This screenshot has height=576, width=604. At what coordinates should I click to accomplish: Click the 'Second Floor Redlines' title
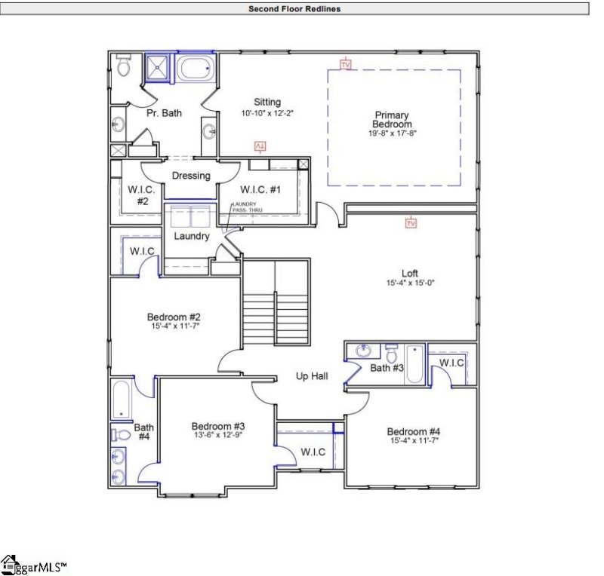point(294,9)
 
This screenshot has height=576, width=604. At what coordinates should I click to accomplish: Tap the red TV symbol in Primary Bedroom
point(346,64)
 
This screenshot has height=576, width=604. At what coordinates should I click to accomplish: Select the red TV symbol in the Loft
point(411,223)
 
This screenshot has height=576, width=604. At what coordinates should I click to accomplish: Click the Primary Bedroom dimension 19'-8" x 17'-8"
point(393,133)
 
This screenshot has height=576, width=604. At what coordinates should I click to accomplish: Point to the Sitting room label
point(267,102)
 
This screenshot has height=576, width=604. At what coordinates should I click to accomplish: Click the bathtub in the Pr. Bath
point(196,69)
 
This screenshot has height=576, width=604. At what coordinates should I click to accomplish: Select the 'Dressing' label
point(191,176)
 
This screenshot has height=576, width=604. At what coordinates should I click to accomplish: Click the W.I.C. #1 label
point(260,189)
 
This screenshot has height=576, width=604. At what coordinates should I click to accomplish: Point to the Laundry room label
point(191,236)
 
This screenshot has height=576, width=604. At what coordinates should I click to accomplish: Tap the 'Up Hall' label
point(311,375)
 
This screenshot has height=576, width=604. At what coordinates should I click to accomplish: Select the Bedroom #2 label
point(174,317)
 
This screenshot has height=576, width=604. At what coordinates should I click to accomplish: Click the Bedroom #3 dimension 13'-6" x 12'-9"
point(217,435)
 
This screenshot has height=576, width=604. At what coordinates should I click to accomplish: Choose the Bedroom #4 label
point(413,431)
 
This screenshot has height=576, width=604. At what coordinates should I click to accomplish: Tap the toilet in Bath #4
point(122,434)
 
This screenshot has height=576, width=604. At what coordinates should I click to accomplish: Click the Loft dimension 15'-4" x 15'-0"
point(411,283)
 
